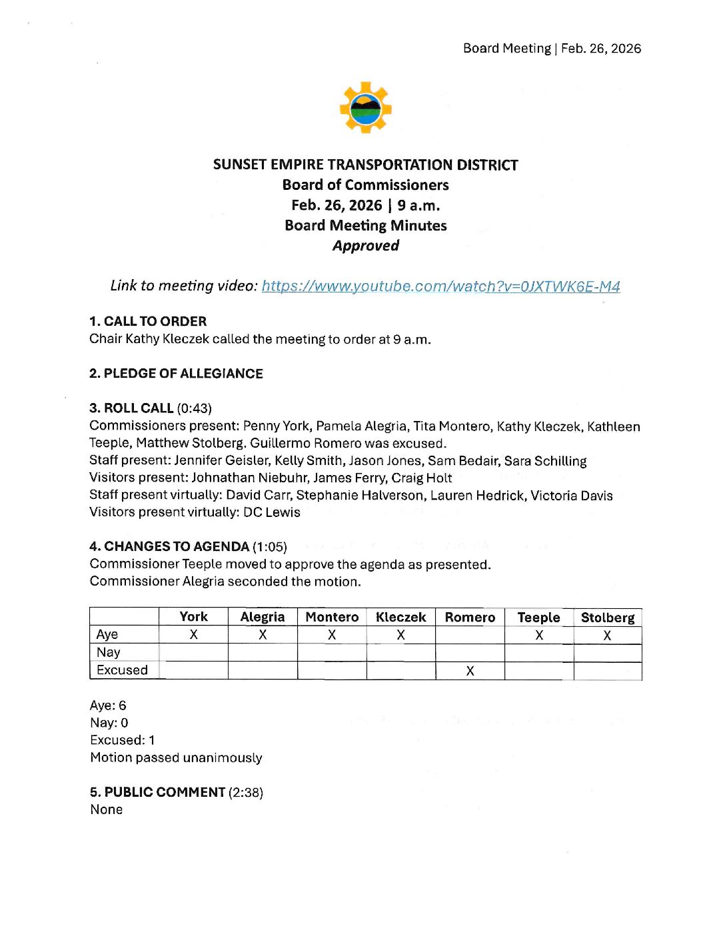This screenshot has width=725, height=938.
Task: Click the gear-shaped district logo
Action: point(365,107)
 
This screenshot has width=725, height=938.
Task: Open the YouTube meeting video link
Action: point(440,286)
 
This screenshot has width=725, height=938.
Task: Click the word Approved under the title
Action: point(366,246)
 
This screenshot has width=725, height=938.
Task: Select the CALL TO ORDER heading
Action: point(148,321)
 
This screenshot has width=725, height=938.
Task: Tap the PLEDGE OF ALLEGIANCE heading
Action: point(176,374)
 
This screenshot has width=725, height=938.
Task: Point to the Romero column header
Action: point(470,618)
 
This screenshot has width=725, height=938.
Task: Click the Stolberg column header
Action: point(607,618)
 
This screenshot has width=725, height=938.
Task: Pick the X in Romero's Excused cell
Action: point(470,671)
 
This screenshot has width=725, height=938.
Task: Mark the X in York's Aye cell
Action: point(193,635)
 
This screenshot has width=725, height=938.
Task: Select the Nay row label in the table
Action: point(108,652)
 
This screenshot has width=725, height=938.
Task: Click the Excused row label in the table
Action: point(122,670)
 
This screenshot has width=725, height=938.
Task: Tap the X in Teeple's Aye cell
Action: point(538,636)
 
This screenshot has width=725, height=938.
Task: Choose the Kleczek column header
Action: point(400,618)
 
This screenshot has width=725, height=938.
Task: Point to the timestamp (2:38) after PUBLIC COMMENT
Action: point(246,793)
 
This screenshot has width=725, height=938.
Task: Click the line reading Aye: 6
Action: point(108,705)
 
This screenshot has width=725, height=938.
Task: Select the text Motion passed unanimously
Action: point(176,758)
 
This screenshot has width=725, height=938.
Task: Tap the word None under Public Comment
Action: point(107,810)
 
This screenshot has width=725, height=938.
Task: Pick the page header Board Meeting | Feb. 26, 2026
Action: point(552,49)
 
